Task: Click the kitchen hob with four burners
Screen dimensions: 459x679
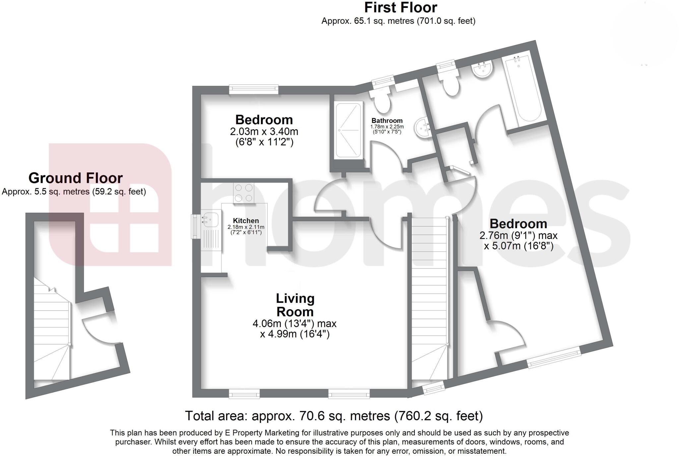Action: pos(244,193)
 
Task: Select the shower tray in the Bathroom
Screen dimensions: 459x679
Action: pos(348,130)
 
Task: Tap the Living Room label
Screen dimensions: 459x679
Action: pos(295,305)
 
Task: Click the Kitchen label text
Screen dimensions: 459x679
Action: pos(246,221)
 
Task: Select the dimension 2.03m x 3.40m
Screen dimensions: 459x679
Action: pos(264,132)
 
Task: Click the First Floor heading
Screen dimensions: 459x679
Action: pos(401,7)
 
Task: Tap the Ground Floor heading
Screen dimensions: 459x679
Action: pos(76,178)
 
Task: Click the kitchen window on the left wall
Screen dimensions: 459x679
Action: pos(195,226)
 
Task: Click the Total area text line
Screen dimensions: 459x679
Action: pos(334,416)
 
